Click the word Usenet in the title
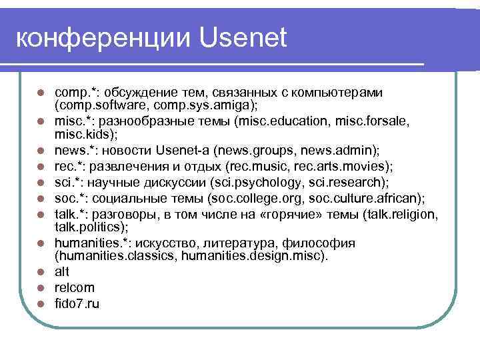click(x=243, y=39)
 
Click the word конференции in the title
click(x=103, y=39)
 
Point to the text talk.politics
click(x=88, y=227)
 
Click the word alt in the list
click(x=62, y=272)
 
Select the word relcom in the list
click(x=75, y=288)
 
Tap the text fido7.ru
click(x=77, y=303)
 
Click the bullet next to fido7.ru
click(x=40, y=304)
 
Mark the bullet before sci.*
click(x=40, y=182)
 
